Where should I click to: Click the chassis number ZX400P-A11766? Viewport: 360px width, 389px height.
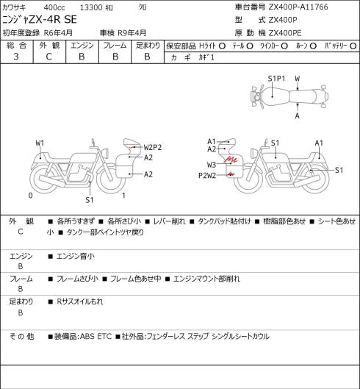tap(298, 7)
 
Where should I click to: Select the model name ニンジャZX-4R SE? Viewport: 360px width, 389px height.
tap(40, 20)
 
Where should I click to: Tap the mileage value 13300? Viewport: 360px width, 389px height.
tap(91, 7)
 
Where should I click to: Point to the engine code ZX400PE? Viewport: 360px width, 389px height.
tap(285, 33)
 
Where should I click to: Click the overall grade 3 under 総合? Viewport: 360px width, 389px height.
tap(16, 57)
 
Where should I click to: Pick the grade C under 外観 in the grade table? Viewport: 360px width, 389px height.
tap(48, 57)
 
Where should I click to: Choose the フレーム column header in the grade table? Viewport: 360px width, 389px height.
tap(115, 46)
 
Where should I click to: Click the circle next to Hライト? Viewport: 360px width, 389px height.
tap(222, 46)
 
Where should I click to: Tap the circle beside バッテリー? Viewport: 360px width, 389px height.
tap(353, 46)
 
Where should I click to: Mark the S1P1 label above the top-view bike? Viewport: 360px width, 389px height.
tap(276, 79)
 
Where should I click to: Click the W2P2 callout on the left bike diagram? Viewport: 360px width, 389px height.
tap(153, 147)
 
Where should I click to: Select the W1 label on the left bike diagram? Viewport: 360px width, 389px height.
tap(40, 143)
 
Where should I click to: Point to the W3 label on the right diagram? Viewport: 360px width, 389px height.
tap(212, 165)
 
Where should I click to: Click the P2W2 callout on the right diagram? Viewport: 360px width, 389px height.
tap(207, 176)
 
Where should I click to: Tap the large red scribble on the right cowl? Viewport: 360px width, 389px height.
tap(231, 160)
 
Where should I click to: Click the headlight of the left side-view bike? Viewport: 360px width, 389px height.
tap(106, 152)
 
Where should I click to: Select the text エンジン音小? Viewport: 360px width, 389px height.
tap(76, 256)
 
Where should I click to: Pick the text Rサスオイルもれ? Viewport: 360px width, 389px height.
tap(80, 301)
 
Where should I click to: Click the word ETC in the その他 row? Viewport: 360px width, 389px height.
tap(104, 336)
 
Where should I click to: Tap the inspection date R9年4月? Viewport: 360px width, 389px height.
tap(132, 33)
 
